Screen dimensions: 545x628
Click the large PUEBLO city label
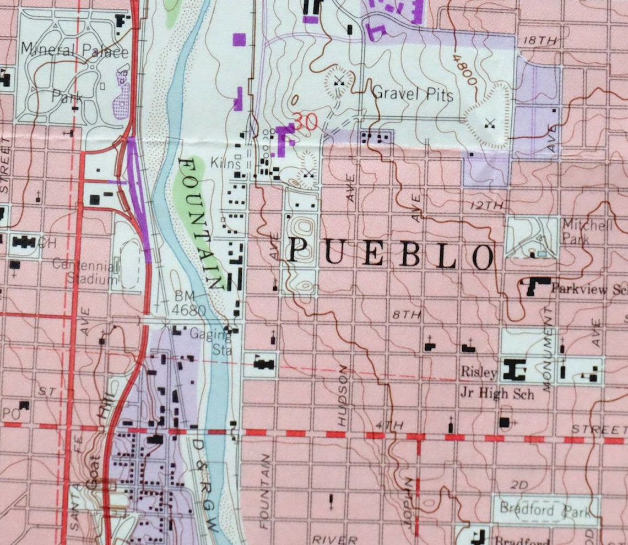[391, 254]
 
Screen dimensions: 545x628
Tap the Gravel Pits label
[413, 94]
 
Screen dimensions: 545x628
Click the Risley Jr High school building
[513, 370]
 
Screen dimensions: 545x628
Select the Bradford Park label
[544, 510]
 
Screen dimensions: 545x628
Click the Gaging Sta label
[209, 341]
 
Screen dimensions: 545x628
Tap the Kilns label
[226, 163]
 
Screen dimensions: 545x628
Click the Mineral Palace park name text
[74, 52]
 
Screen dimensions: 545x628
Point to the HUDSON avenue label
[343, 395]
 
